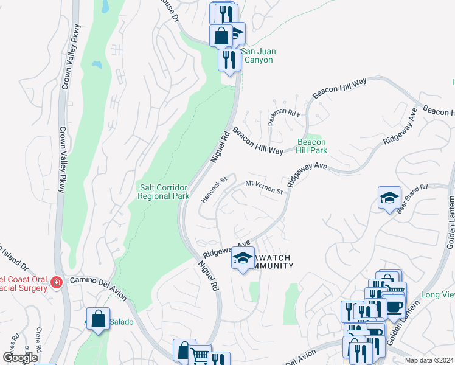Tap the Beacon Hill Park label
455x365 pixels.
(x=311, y=146)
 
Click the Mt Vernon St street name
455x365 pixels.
(x=264, y=187)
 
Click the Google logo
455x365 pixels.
(x=21, y=357)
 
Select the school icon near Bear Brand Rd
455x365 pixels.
(x=389, y=198)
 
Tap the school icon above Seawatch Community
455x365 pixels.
(x=243, y=259)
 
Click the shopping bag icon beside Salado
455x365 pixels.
(x=98, y=319)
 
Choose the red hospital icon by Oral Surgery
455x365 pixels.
(x=56, y=282)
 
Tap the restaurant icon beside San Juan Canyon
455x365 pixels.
(x=229, y=59)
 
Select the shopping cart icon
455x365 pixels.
(x=200, y=355)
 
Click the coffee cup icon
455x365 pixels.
(x=394, y=306)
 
